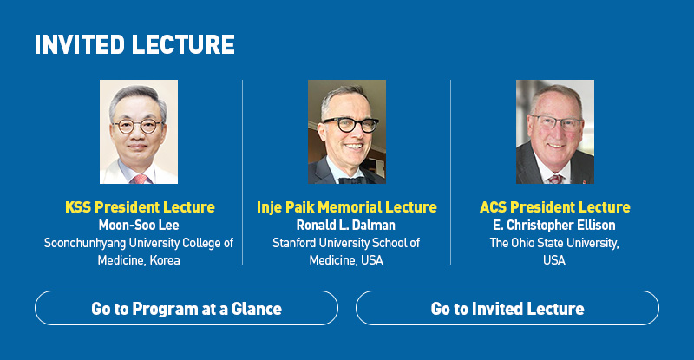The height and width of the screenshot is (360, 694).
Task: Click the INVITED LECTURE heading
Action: [x=134, y=45]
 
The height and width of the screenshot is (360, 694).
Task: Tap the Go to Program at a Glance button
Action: [x=187, y=308]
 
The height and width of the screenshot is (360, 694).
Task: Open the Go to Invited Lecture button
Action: [x=507, y=308]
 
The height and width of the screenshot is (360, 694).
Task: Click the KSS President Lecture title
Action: [x=140, y=206]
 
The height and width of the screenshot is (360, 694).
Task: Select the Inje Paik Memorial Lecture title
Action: [x=346, y=206]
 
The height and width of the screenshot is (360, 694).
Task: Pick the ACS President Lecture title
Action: [x=555, y=206]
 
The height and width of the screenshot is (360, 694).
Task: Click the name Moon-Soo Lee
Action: [x=139, y=225]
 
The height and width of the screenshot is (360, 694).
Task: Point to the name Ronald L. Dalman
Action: [x=345, y=225]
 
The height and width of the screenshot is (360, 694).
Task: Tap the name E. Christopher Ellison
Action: [x=554, y=225]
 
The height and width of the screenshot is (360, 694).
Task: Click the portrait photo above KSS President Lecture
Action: [x=139, y=132]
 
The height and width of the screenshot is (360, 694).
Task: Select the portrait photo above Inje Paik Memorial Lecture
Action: [x=347, y=132]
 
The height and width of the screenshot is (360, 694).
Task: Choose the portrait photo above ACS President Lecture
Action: [x=555, y=132]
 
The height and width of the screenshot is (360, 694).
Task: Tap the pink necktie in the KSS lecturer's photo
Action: [x=140, y=179]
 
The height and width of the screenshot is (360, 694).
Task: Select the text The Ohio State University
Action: [x=554, y=243]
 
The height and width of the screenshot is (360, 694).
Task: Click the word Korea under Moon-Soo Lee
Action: [x=165, y=260]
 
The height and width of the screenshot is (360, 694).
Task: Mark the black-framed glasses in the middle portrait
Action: [x=350, y=124]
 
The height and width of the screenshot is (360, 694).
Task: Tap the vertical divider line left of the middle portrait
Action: [x=243, y=173]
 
